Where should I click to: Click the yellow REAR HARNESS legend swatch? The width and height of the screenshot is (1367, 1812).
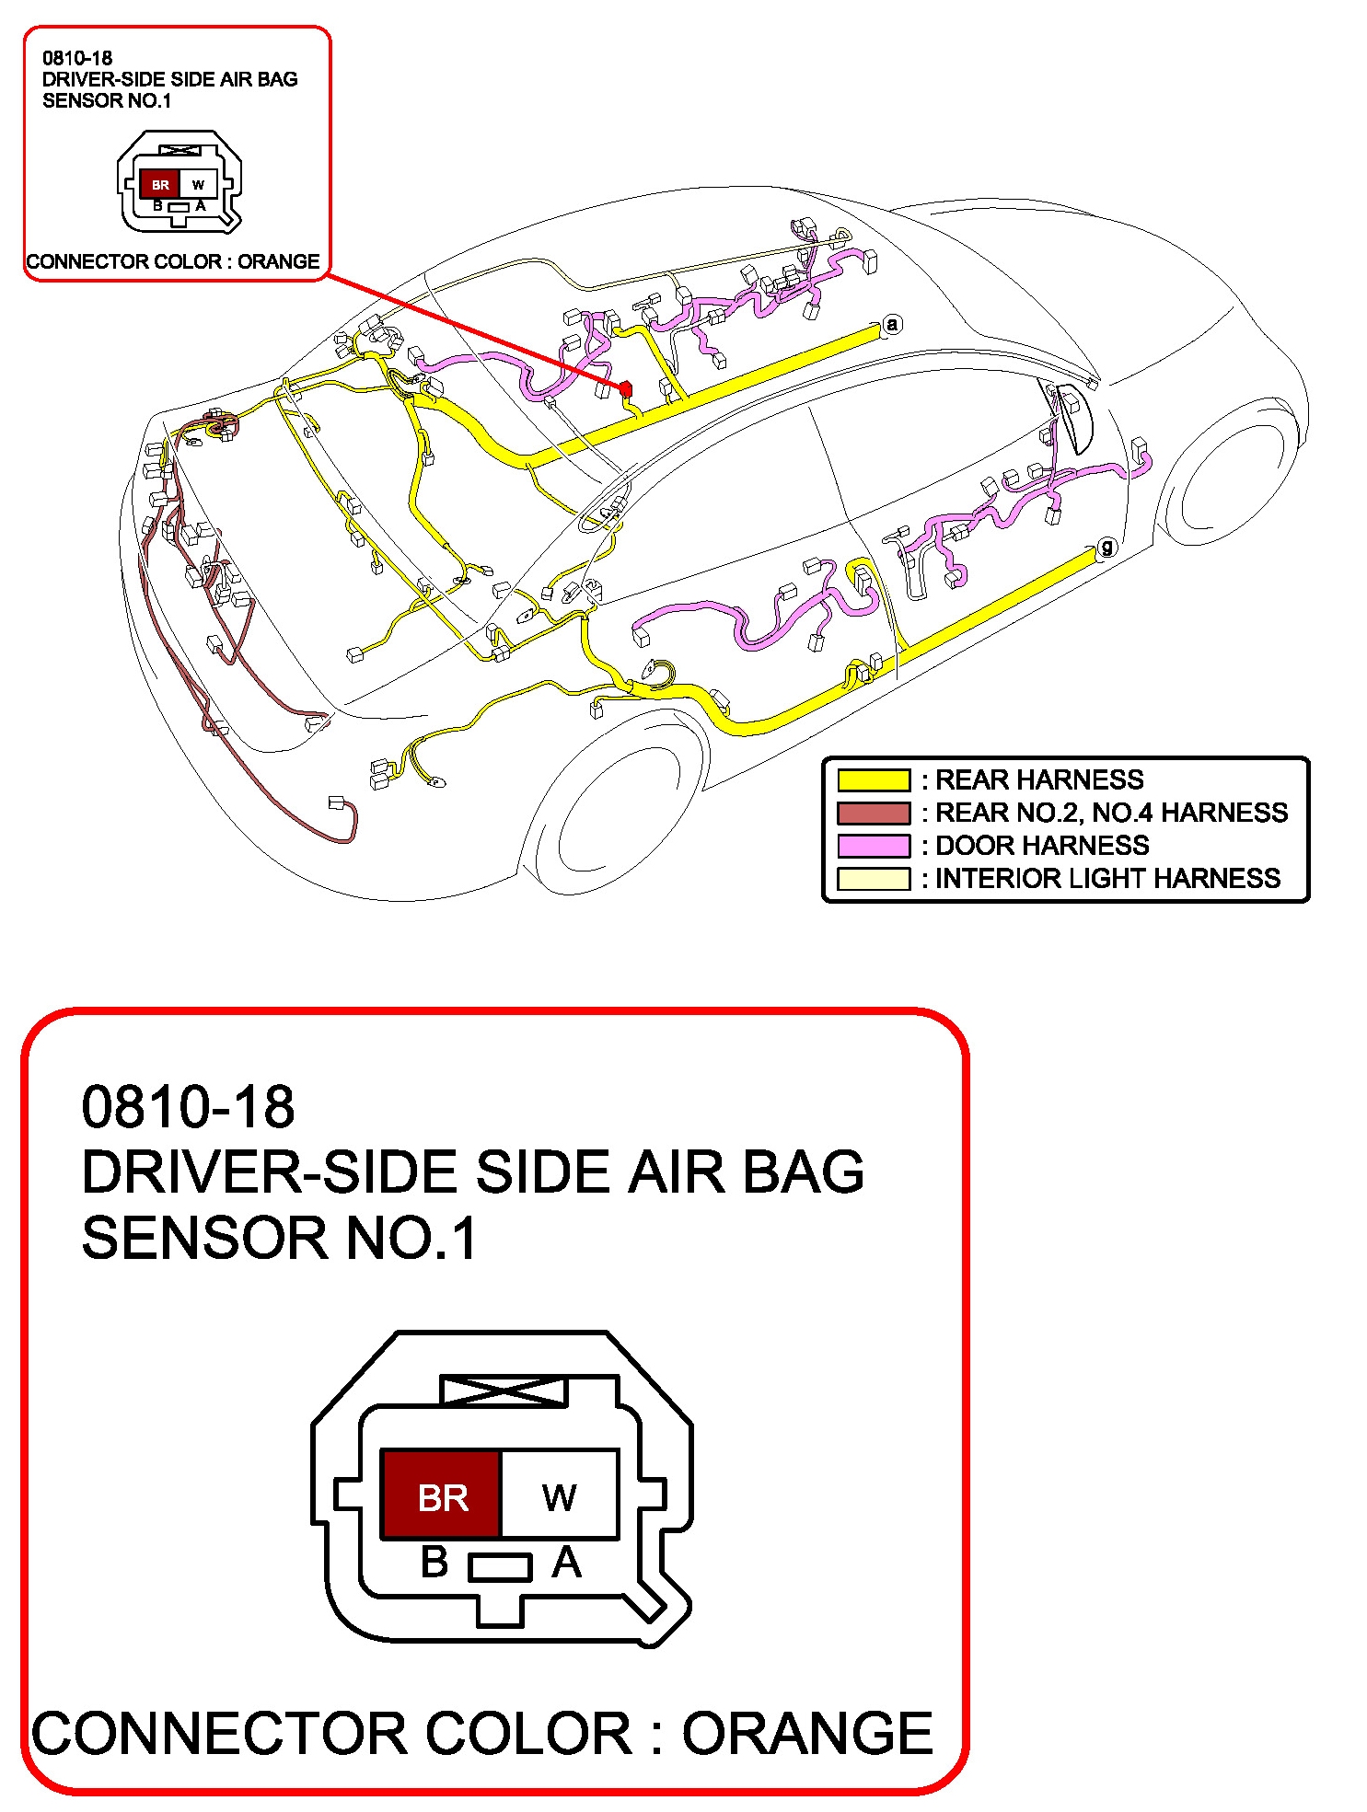point(873,780)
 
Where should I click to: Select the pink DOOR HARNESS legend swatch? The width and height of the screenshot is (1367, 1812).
point(873,846)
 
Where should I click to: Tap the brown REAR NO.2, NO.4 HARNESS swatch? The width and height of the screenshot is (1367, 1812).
point(873,813)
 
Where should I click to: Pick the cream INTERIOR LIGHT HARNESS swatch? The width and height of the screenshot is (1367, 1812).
point(873,879)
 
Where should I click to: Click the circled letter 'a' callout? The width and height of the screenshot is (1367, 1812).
point(891,324)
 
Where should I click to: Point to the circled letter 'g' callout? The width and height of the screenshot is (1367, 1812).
point(1106,548)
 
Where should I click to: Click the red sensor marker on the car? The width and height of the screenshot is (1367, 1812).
point(626,389)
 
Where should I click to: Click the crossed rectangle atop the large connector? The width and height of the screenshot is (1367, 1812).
point(504,1390)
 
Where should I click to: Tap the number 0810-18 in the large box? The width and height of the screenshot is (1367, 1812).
point(188,1106)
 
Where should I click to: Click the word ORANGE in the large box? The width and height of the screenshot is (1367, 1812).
point(807,1734)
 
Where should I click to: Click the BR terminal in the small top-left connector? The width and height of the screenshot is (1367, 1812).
point(160,185)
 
